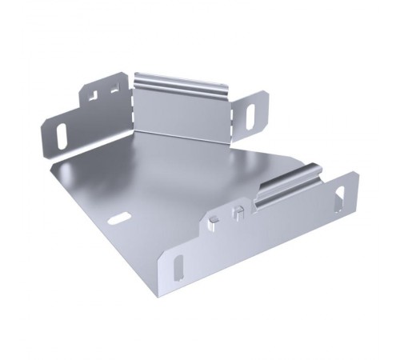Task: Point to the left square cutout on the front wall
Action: pos(216,218)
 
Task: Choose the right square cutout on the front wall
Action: pos(237,213)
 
